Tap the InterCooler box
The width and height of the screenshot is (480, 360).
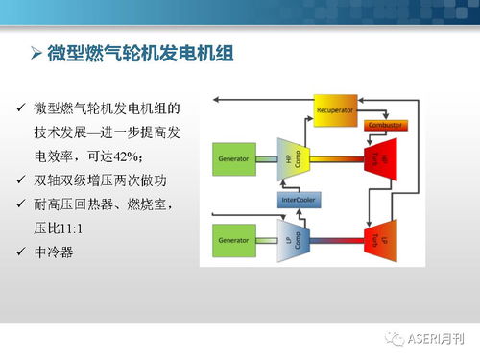(300, 200)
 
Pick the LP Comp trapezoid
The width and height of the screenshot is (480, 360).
(289, 239)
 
